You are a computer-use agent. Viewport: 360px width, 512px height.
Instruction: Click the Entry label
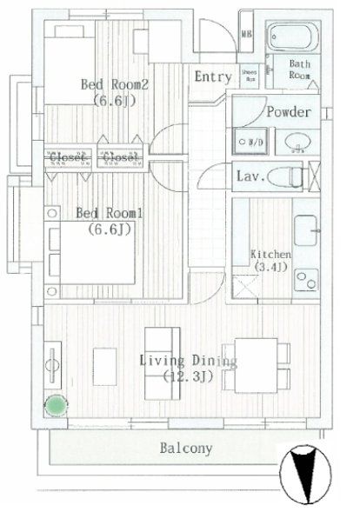[x=212, y=77]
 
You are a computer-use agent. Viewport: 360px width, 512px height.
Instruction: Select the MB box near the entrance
[x=246, y=36]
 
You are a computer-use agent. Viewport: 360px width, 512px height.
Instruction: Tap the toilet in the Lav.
[x=283, y=177]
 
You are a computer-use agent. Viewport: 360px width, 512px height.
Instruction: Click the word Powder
[x=287, y=112]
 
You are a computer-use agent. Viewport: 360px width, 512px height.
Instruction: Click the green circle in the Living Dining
[x=57, y=405]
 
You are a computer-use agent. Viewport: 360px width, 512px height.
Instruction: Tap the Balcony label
[x=185, y=449]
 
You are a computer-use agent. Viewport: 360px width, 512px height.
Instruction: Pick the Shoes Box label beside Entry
[x=248, y=76]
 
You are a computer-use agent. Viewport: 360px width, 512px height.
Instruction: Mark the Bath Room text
[x=300, y=70]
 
